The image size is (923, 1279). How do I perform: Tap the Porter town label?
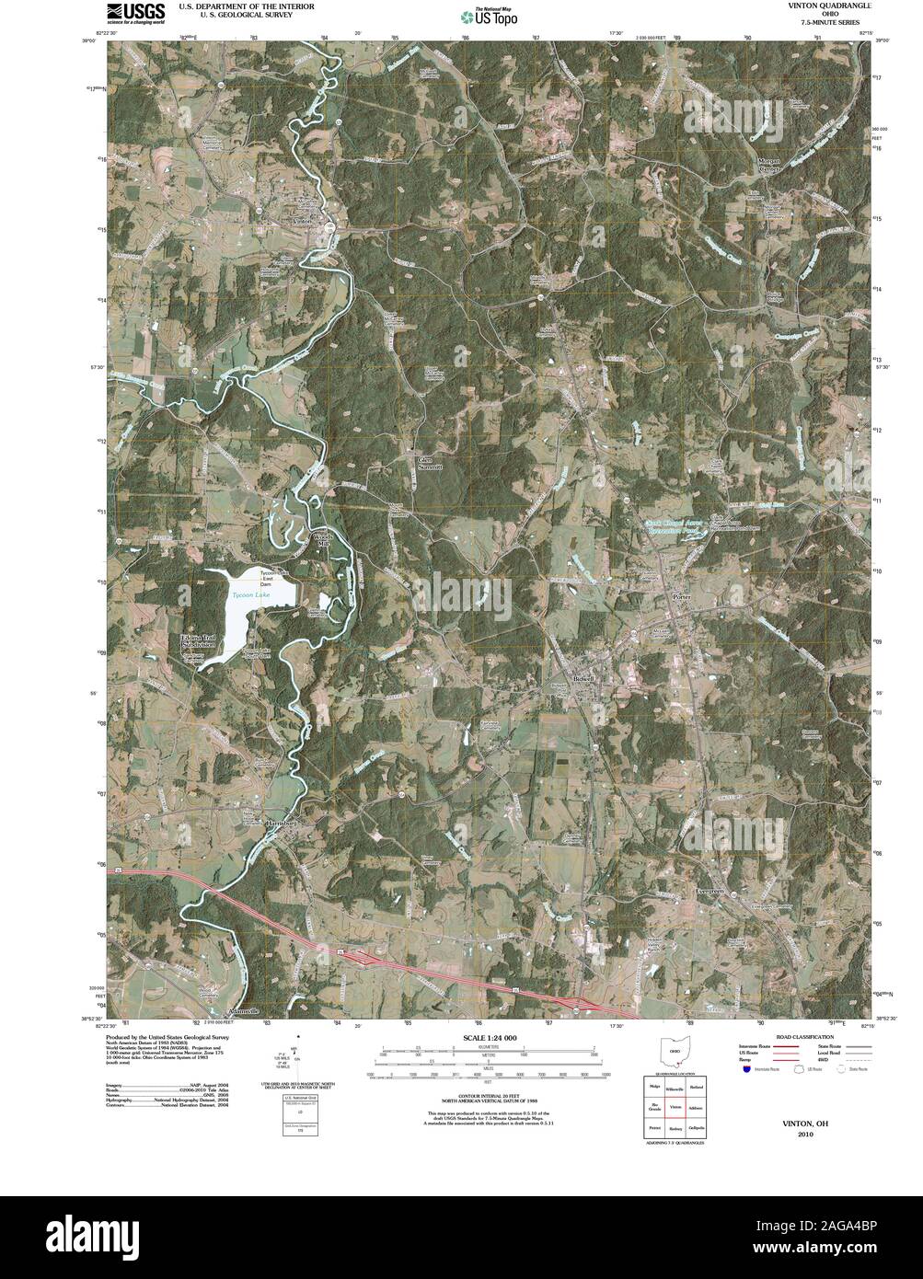click(682, 597)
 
